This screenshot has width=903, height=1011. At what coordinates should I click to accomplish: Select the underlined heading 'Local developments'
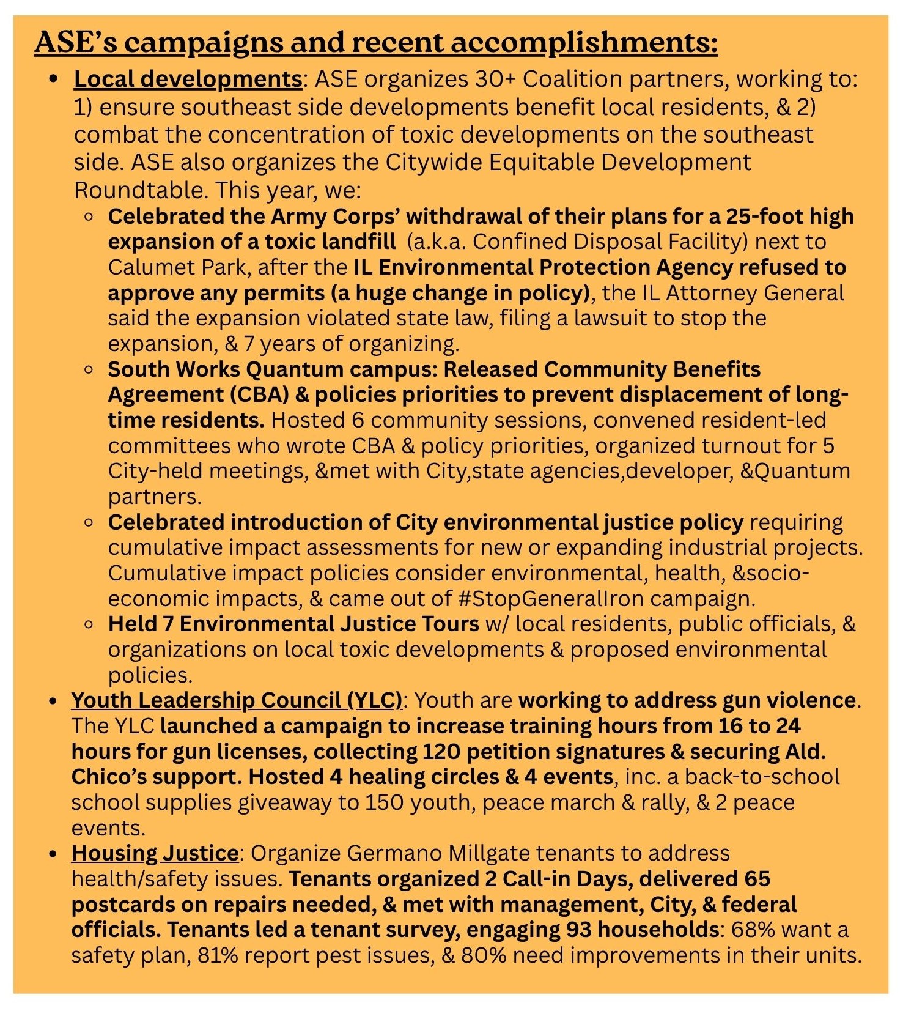(x=188, y=80)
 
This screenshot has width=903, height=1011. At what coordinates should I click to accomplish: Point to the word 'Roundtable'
(x=139, y=190)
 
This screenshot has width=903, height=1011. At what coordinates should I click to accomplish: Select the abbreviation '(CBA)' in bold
(x=259, y=394)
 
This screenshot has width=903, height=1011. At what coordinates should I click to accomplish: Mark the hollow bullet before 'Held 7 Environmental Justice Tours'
(x=89, y=624)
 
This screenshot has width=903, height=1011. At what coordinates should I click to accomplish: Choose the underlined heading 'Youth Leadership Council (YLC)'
(x=237, y=700)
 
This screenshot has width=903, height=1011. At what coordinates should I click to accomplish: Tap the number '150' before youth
(x=385, y=802)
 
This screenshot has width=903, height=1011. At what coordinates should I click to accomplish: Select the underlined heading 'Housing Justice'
(x=155, y=853)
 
